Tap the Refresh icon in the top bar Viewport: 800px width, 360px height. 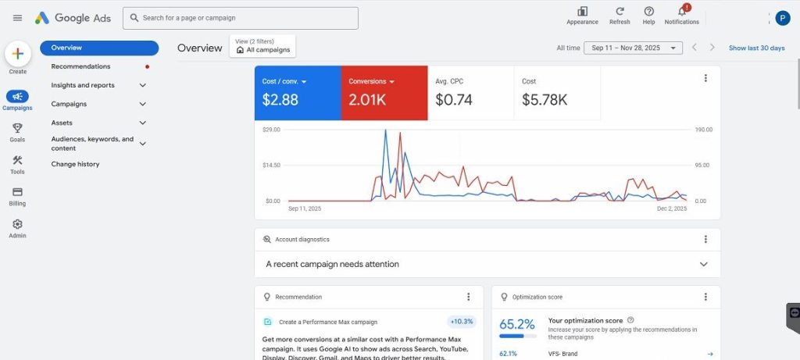[620, 12]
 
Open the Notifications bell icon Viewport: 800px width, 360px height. [681, 12]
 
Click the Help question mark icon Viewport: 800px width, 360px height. [648, 12]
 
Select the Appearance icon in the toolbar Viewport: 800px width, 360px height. [582, 12]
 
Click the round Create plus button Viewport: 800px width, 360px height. [17, 54]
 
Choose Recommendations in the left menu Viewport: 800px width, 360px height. [80, 66]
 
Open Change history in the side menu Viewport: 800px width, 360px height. [75, 164]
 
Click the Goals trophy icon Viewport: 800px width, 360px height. [17, 128]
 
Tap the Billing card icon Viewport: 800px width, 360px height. [17, 192]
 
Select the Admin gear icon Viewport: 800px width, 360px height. [17, 224]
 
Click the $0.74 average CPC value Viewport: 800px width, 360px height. [454, 100]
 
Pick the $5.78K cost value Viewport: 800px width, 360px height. [545, 100]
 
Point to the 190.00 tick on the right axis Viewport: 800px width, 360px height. [702, 130]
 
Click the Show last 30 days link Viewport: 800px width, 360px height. [756, 48]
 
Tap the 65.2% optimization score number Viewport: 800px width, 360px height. [517, 323]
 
